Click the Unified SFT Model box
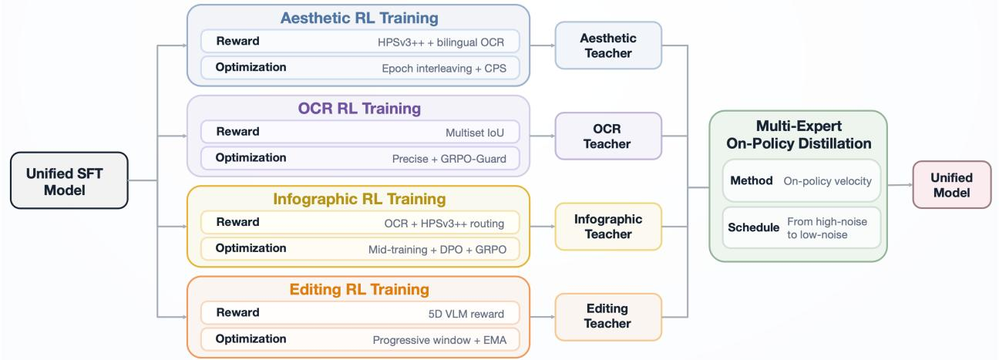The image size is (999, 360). pyautogui.click(x=69, y=180)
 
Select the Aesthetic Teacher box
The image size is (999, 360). pyautogui.click(x=608, y=45)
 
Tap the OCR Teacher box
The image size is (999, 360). pyautogui.click(x=608, y=136)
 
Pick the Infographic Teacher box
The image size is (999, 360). pyautogui.click(x=608, y=227)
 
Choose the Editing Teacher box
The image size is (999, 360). pyautogui.click(x=608, y=317)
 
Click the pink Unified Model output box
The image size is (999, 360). pyautogui.click(x=952, y=185)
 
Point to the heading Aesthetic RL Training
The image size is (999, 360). pyautogui.click(x=359, y=18)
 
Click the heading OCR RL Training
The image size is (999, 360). pyautogui.click(x=359, y=109)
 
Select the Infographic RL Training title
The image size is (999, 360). pyautogui.click(x=359, y=199)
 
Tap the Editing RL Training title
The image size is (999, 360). pyautogui.click(x=359, y=290)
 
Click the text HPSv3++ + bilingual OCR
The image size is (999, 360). pyautogui.click(x=441, y=42)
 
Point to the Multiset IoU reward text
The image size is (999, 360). pyautogui.click(x=475, y=133)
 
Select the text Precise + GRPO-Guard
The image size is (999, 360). pyautogui.click(x=449, y=159)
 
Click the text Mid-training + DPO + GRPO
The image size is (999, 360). pyautogui.click(x=437, y=249)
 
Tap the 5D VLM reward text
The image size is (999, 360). pyautogui.click(x=466, y=314)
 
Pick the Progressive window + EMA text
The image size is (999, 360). pyautogui.click(x=439, y=340)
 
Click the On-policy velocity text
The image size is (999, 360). pyautogui.click(x=827, y=181)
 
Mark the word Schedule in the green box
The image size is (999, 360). pyautogui.click(x=753, y=227)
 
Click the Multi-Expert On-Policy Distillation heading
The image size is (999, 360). pyautogui.click(x=799, y=135)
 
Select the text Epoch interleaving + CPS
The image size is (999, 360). pyautogui.click(x=444, y=69)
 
